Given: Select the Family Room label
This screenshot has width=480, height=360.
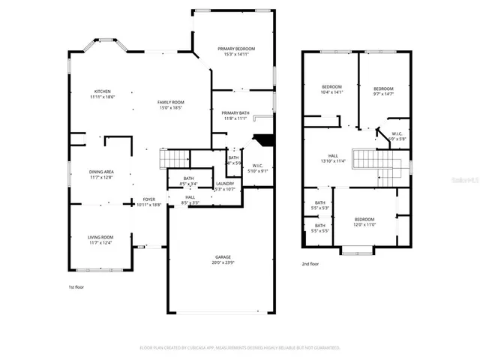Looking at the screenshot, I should tap(171, 102).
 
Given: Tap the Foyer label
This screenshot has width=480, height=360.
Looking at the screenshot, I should tap(150, 199).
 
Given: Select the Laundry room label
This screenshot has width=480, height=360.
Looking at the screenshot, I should tap(225, 184).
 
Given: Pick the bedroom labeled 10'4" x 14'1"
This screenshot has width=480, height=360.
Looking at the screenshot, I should tap(331, 87).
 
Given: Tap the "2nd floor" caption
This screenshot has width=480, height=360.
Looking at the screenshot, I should tap(310, 264).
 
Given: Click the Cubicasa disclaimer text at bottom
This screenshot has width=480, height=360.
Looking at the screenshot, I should tap(240, 347).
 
